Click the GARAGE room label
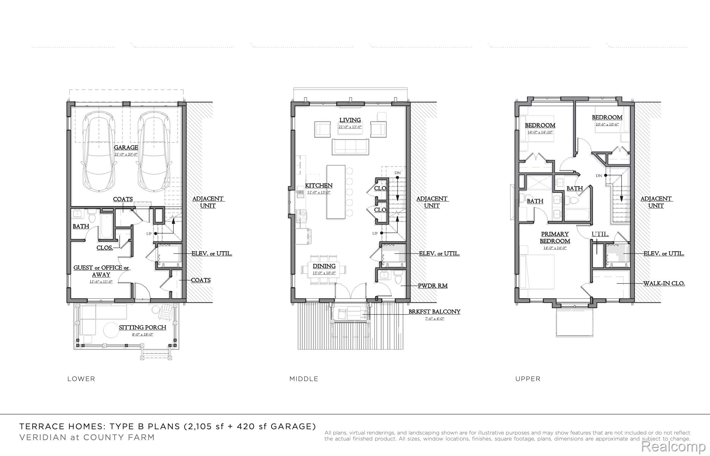pyautogui.click(x=126, y=147)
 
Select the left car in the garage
pyautogui.click(x=99, y=151)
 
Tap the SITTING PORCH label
pyautogui.click(x=142, y=328)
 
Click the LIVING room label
pyautogui.click(x=350, y=120)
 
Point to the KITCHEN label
pyautogui.click(x=318, y=185)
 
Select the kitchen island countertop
pyautogui.click(x=336, y=192)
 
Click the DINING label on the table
pyautogui.click(x=324, y=266)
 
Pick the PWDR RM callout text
pyautogui.click(x=432, y=286)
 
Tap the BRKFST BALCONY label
pyautogui.click(x=434, y=312)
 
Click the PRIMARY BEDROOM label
pyautogui.click(x=555, y=237)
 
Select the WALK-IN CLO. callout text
pyautogui.click(x=664, y=283)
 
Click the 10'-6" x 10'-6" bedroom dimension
pyautogui.click(x=607, y=124)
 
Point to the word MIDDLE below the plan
pyautogui.click(x=304, y=379)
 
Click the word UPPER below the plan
pyautogui.click(x=528, y=379)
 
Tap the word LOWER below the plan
pyautogui.click(x=81, y=379)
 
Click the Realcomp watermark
pyautogui.click(x=673, y=446)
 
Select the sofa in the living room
pyautogui.click(x=350, y=147)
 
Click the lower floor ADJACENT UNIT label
pyautogui.click(x=208, y=202)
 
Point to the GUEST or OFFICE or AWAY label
pyautogui.click(x=101, y=271)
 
